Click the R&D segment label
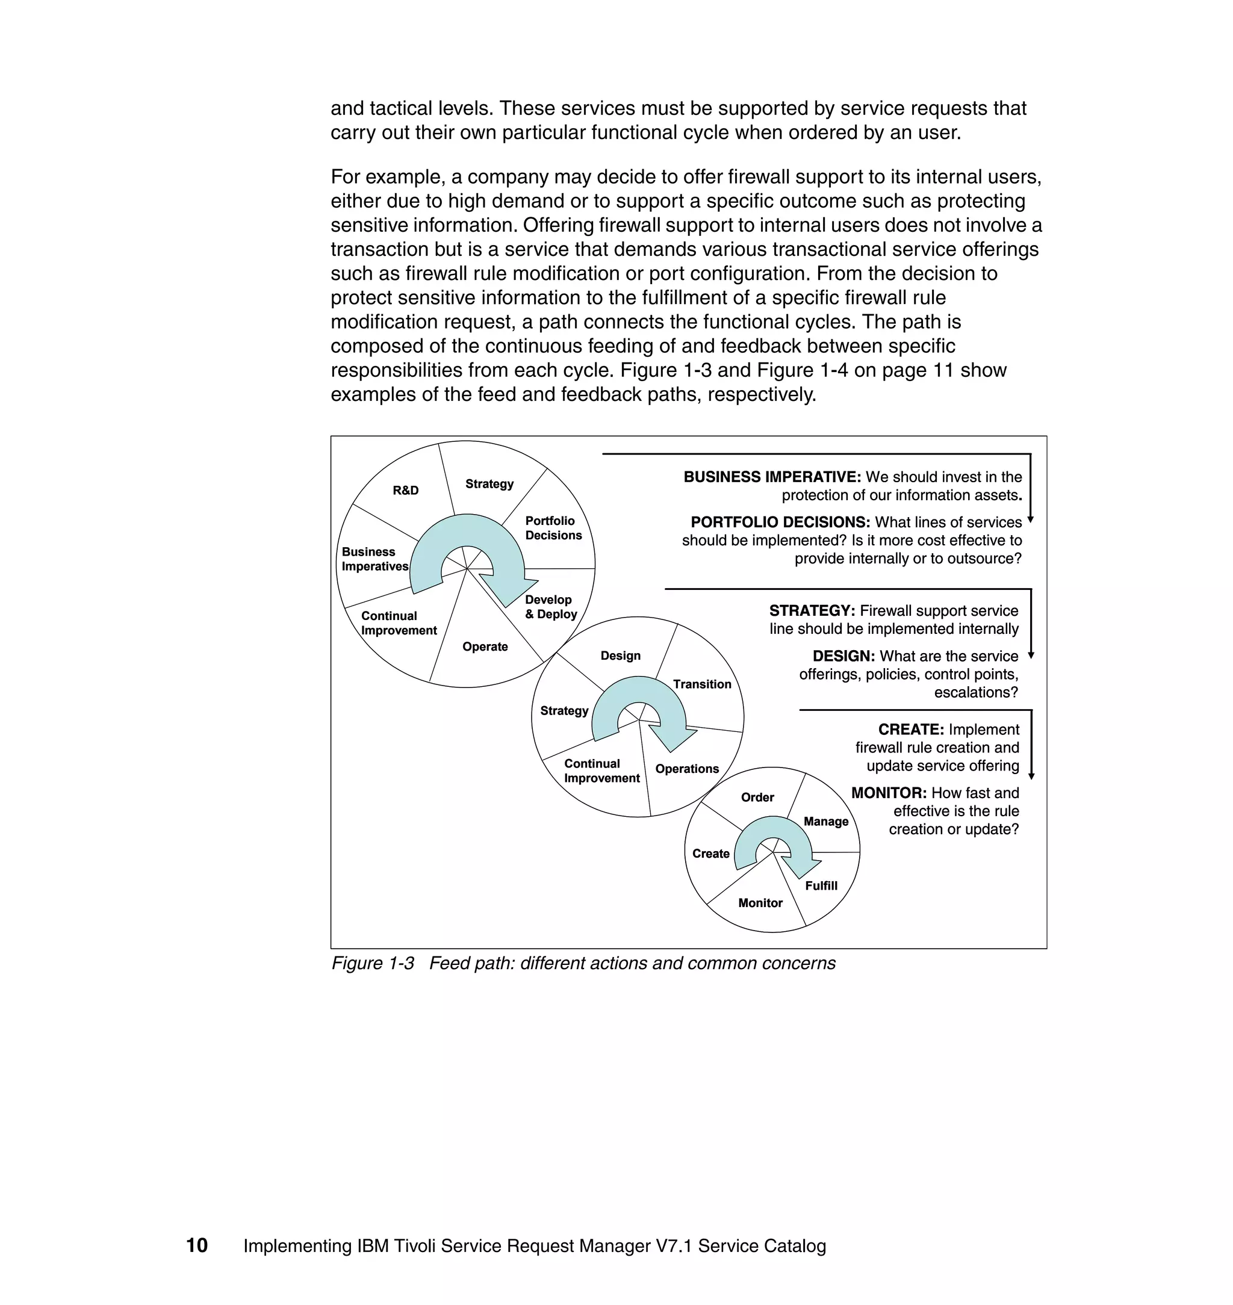406,490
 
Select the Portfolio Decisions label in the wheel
553,529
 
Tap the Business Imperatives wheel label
374,559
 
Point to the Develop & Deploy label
551,607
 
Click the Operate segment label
485,646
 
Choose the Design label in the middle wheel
621,656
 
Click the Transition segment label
702,684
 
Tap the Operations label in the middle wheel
687,769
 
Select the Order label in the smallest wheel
757,797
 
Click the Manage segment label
825,822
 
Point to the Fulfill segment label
821,886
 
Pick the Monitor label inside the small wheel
760,903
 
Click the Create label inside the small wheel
710,854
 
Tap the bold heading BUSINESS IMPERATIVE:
772,477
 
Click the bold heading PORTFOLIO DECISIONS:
780,522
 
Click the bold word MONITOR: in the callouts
889,793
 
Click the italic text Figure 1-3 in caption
373,963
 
